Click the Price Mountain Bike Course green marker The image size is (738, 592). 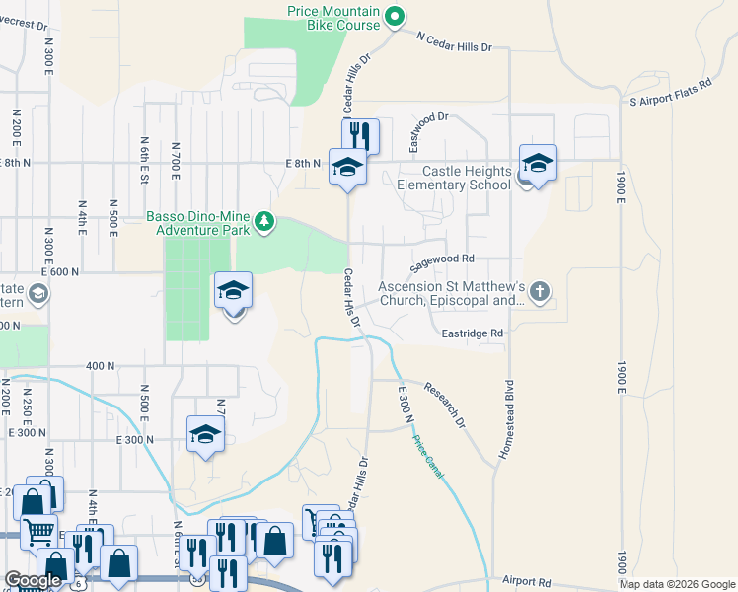coord(394,15)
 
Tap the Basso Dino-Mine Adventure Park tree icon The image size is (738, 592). coord(263,221)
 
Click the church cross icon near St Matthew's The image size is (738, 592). coord(539,291)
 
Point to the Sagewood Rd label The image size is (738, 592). coord(443,261)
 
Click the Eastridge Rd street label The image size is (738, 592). coord(473,333)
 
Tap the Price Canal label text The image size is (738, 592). coord(428,459)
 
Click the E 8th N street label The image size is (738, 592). coord(304,164)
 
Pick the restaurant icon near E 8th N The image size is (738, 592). coord(359,134)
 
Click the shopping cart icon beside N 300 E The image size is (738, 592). coord(38,532)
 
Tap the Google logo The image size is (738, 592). coord(34,580)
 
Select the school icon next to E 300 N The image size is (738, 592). coord(205,433)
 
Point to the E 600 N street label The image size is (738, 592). coord(59,271)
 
